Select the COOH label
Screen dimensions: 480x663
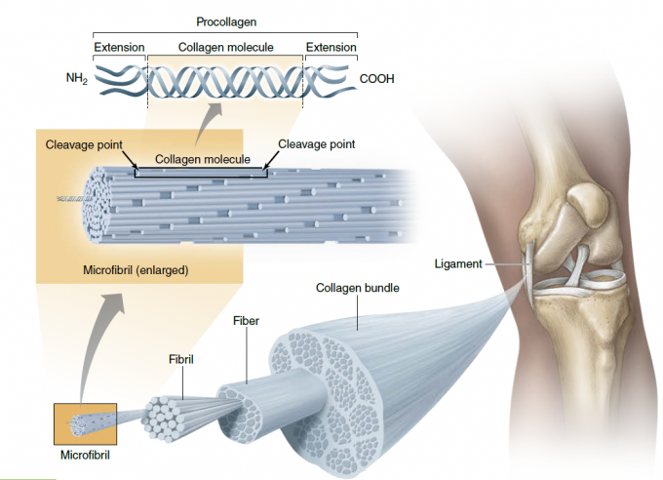pos(377,79)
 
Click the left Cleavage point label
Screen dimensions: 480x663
pos(84,144)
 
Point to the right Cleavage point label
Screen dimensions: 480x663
pos(316,144)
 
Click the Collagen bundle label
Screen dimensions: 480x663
pos(358,288)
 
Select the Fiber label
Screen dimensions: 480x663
pos(246,320)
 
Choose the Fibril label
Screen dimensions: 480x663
pos(181,360)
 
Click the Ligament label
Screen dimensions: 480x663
pos(458,263)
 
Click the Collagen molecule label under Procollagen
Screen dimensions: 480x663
pos(224,47)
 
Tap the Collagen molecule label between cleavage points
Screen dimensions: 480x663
pos(203,160)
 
